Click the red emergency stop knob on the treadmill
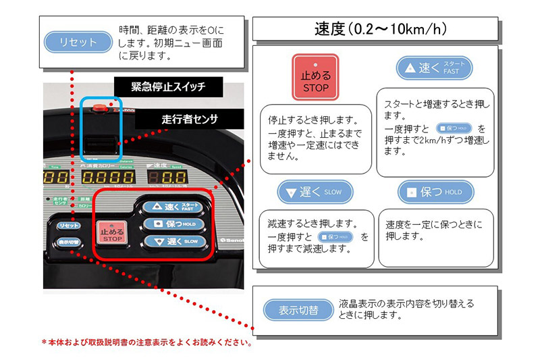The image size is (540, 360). click(x=100, y=107)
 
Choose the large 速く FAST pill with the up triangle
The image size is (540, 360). click(x=434, y=68)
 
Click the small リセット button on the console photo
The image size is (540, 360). click(x=67, y=225)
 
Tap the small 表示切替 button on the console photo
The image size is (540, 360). click(x=68, y=241)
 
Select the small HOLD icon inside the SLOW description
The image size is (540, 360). click(x=336, y=237)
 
